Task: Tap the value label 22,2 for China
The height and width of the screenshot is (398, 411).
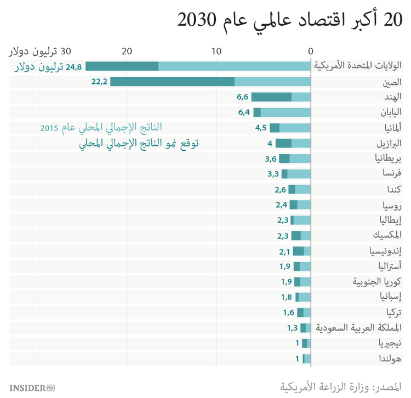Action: point(99,82)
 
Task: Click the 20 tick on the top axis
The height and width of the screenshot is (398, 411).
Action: point(127,52)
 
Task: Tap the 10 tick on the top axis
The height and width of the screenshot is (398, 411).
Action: point(216,52)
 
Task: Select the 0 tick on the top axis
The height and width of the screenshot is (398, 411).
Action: point(311,52)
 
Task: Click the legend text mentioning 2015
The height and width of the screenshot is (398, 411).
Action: point(101,128)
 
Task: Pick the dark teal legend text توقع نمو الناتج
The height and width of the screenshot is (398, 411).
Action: point(138,144)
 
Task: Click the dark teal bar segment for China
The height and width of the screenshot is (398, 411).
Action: point(172,82)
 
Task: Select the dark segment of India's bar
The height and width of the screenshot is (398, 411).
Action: point(271,97)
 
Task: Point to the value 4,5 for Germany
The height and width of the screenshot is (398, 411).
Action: point(260,128)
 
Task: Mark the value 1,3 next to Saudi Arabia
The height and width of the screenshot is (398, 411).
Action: point(292,328)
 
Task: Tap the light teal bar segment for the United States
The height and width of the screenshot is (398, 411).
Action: point(235,66)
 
